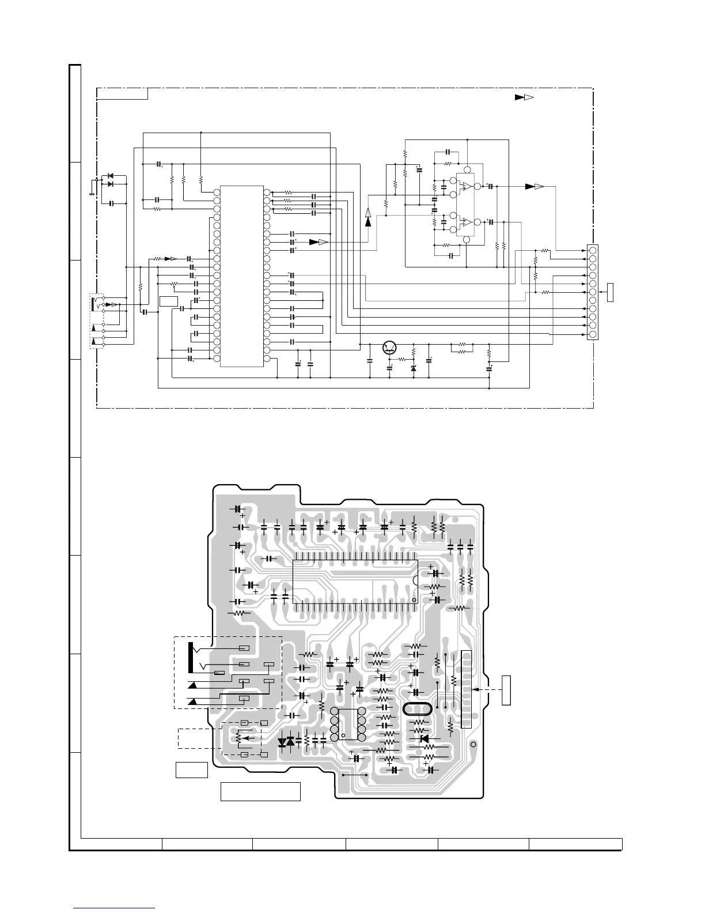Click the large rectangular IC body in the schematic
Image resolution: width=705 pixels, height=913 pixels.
tap(242, 276)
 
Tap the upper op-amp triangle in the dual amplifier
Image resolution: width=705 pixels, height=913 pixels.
tap(468, 187)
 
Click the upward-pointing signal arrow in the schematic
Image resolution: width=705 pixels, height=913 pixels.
tap(369, 217)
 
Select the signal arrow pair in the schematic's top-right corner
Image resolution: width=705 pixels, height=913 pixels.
tap(524, 97)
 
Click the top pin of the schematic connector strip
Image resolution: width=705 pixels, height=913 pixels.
tap(593, 250)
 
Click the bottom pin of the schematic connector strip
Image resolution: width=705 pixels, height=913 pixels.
tap(593, 334)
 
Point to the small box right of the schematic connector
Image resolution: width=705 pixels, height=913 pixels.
tap(611, 292)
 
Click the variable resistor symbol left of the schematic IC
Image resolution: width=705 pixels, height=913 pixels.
tap(174, 284)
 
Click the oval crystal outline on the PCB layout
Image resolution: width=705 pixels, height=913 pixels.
tap(417, 709)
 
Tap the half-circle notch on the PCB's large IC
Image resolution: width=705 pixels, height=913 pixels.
tap(414, 579)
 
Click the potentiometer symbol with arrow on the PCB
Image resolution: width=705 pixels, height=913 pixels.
tap(238, 737)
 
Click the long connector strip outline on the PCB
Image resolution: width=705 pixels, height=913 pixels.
tap(467, 689)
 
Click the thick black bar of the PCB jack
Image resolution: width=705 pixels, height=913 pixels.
tap(190, 657)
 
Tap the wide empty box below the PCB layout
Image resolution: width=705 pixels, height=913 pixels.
tap(260, 791)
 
